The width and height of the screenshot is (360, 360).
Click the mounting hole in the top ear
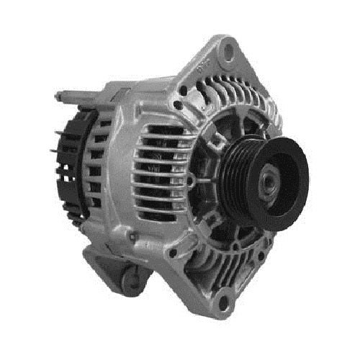(x=229, y=50)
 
